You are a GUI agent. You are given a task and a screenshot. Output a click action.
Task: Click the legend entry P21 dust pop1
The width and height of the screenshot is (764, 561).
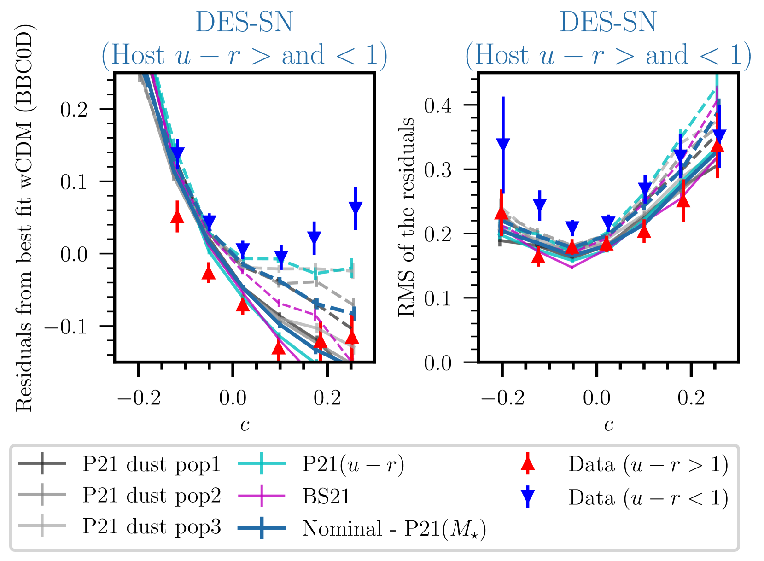point(152,464)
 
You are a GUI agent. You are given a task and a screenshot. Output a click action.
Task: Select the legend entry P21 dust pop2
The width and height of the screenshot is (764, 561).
point(152,496)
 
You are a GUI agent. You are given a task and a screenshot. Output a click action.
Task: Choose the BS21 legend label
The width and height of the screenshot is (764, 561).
point(326,496)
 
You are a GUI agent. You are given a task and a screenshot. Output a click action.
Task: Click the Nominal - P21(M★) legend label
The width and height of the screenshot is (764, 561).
point(394,528)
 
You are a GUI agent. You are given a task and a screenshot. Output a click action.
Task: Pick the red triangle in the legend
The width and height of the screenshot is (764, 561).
point(528,464)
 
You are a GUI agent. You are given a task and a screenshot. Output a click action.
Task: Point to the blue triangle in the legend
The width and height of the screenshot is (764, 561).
point(528,497)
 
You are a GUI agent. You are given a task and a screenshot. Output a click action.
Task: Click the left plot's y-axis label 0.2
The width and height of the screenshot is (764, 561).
point(74,110)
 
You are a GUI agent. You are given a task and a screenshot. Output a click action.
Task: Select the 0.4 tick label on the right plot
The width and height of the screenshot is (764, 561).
point(437,105)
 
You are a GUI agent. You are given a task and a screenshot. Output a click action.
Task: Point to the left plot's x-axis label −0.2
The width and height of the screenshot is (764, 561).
point(139,397)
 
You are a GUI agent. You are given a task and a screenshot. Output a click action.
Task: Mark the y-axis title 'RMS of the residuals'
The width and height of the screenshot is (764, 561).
point(407,216)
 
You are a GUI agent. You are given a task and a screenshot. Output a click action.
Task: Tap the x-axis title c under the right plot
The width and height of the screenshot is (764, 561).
point(608,424)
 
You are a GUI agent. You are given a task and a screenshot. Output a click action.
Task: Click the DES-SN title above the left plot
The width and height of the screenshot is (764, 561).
point(244,22)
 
